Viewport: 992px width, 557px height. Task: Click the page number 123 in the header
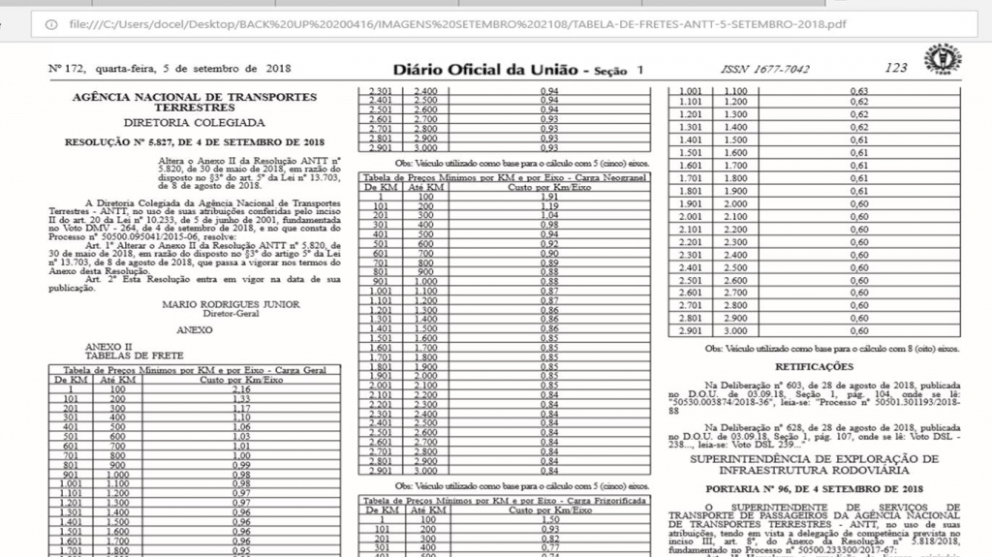coord(895,68)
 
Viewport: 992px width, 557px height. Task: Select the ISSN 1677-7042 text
coord(765,69)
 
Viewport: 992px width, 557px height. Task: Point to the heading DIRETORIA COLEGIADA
coord(194,124)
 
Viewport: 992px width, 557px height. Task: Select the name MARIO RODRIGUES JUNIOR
coord(217,304)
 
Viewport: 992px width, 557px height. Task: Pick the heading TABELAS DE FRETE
coord(121,355)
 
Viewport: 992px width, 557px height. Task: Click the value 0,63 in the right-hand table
coord(858,90)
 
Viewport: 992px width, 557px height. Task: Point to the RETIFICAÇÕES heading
coord(814,367)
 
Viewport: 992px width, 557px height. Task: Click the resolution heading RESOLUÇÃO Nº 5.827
coord(194,141)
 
